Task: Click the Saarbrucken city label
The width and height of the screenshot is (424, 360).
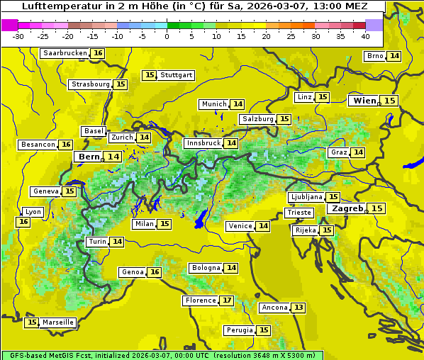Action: pyautogui.click(x=65, y=53)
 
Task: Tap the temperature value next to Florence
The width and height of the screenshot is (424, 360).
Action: pyautogui.click(x=227, y=300)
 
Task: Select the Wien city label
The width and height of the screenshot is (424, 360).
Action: pyautogui.click(x=365, y=101)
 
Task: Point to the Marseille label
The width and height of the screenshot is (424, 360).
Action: pyautogui.click(x=58, y=322)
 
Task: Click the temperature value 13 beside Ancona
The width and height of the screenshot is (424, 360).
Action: pyautogui.click(x=299, y=308)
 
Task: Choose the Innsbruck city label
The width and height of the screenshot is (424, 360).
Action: pyautogui.click(x=203, y=143)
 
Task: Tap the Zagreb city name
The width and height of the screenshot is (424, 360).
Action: pyautogui.click(x=347, y=208)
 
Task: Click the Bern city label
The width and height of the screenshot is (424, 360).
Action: pyautogui.click(x=89, y=157)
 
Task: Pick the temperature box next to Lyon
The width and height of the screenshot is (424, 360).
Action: pyautogui.click(x=23, y=222)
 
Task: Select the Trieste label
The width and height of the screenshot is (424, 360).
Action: pyautogui.click(x=299, y=213)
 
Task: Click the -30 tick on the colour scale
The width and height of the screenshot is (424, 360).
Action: pyautogui.click(x=18, y=36)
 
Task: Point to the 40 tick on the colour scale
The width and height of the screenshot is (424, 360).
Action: pyautogui.click(x=365, y=36)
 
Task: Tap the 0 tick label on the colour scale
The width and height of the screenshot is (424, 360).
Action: pyautogui.click(x=167, y=36)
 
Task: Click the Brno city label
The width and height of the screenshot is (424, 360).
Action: pyautogui.click(x=374, y=56)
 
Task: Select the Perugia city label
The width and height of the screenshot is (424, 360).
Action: pyautogui.click(x=238, y=330)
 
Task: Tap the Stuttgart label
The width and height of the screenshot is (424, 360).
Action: pyautogui.click(x=177, y=75)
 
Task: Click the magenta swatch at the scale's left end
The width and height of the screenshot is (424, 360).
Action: pyautogui.click(x=9, y=25)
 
